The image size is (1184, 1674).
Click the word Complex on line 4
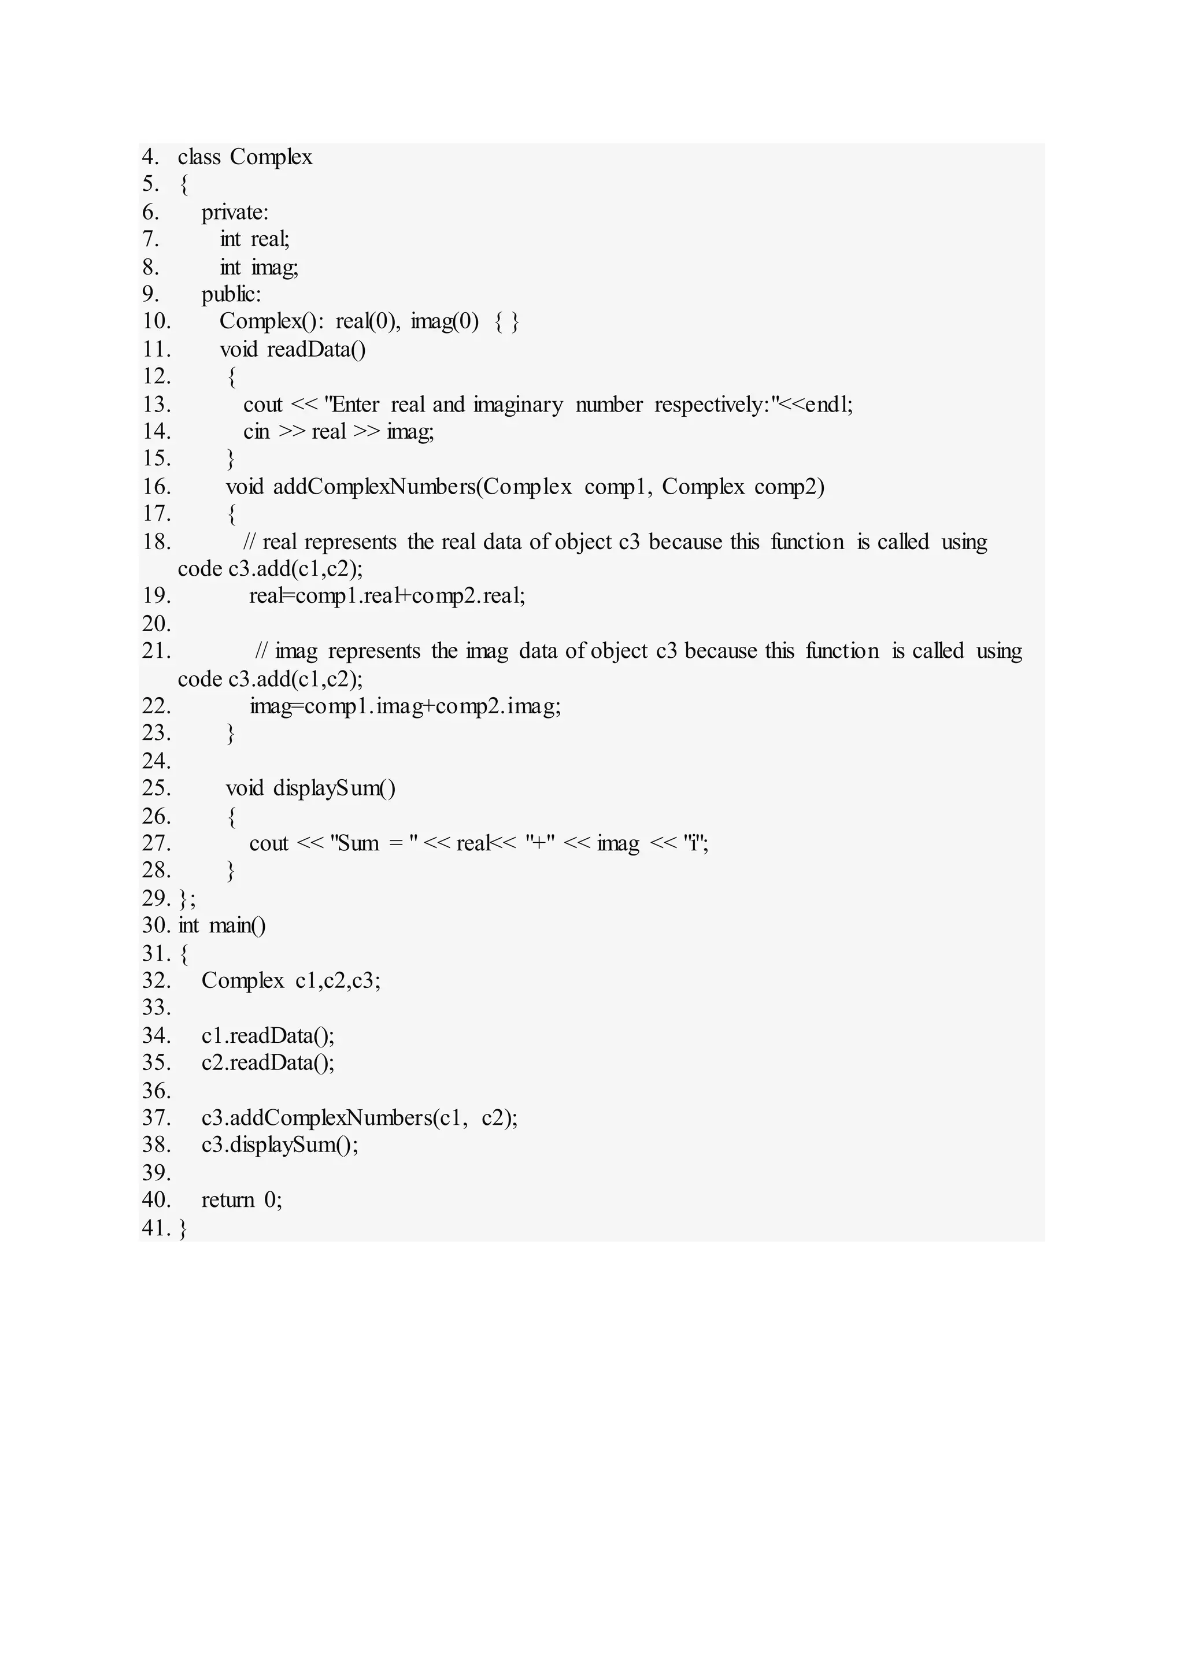(271, 157)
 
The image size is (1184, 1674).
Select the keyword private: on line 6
(235, 212)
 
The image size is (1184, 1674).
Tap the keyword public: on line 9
(231, 295)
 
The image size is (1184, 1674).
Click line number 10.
(156, 321)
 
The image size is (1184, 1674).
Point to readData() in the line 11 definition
(316, 350)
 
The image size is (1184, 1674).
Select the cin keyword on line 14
(257, 432)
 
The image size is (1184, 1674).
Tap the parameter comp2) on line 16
(789, 487)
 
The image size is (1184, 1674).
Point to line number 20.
(156, 624)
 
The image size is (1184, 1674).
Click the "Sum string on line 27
(355, 843)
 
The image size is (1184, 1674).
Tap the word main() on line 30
(238, 926)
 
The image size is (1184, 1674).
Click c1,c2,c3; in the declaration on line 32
(338, 980)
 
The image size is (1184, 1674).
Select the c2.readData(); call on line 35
(268, 1063)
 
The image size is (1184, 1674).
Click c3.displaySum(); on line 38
(280, 1145)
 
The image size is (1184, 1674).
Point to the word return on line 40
(227, 1200)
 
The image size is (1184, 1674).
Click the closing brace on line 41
(183, 1228)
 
